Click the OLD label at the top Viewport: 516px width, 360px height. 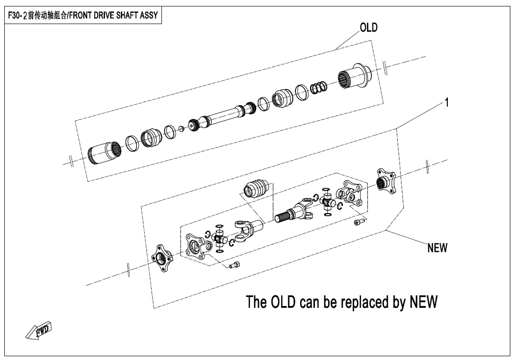coord(369,27)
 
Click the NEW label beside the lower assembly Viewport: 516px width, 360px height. coord(437,248)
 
